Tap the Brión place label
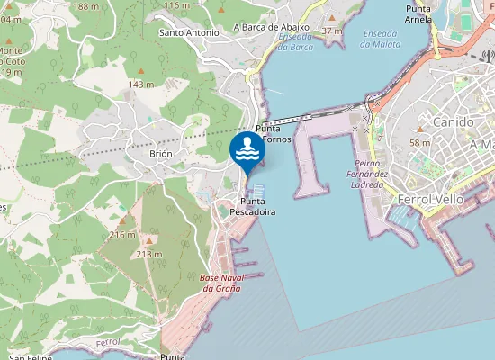(160, 154)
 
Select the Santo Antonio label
(189, 32)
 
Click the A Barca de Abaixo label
(271, 27)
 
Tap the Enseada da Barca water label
(295, 41)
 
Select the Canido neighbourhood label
(452, 121)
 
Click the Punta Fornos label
(274, 134)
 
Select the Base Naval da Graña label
(220, 283)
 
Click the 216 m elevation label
(122, 234)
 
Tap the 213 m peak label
(148, 254)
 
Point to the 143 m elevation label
(141, 84)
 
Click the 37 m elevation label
(331, 31)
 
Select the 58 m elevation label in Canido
(419, 142)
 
